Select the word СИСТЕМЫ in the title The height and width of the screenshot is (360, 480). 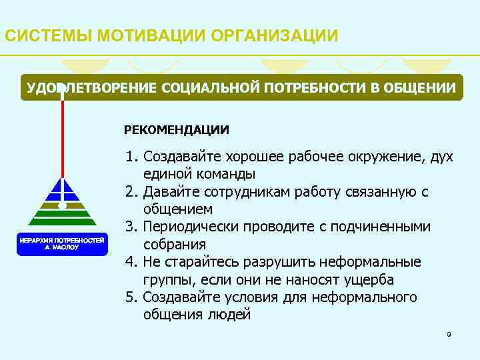tap(47, 35)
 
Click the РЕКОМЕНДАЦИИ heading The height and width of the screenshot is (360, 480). tap(176, 129)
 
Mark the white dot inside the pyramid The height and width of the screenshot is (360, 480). tap(62, 205)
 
